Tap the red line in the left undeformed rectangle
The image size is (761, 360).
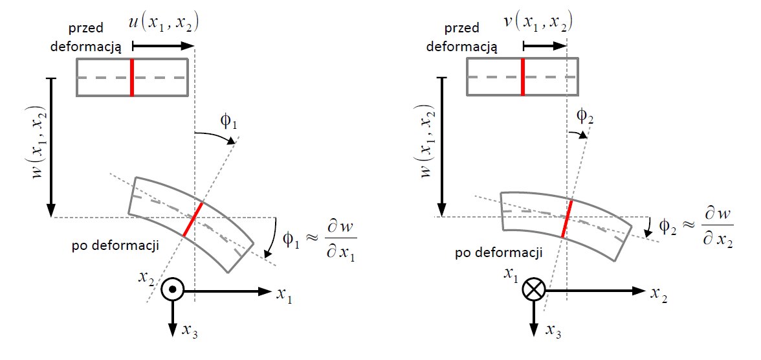[132, 78]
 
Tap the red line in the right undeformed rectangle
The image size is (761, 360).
[523, 78]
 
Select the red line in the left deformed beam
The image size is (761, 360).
[193, 219]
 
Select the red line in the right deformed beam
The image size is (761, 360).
[568, 218]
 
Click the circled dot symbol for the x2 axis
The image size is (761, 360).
[172, 291]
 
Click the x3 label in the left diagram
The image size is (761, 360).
[190, 332]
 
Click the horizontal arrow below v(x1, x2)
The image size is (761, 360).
[544, 46]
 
